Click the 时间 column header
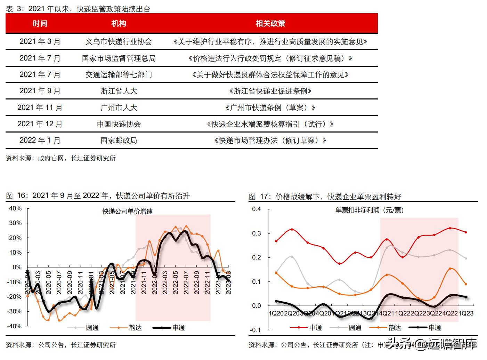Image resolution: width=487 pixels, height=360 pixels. click(x=40, y=24)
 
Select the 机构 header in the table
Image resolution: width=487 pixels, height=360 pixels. click(x=119, y=24)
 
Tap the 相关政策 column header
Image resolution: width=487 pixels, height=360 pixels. click(x=270, y=24)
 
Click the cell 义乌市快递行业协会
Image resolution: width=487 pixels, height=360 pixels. click(x=119, y=42)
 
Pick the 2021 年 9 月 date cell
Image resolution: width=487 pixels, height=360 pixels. click(x=40, y=91)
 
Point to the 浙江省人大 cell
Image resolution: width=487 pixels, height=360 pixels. click(x=119, y=91)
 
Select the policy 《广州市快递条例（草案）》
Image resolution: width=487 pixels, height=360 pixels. click(x=270, y=108)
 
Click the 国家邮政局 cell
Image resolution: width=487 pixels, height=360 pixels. click(x=119, y=141)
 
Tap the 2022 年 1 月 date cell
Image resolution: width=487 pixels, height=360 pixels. click(x=40, y=141)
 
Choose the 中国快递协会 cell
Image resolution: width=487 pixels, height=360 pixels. click(x=119, y=124)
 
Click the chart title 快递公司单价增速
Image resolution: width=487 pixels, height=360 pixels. click(x=128, y=211)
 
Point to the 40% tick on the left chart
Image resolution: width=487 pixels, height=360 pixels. click(x=15, y=208)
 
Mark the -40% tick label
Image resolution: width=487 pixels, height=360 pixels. click(x=14, y=326)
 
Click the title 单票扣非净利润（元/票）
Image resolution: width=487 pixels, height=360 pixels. click(x=370, y=210)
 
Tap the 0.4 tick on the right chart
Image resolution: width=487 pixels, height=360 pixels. click(x=257, y=209)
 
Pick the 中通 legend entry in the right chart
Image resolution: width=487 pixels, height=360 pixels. click(x=316, y=328)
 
